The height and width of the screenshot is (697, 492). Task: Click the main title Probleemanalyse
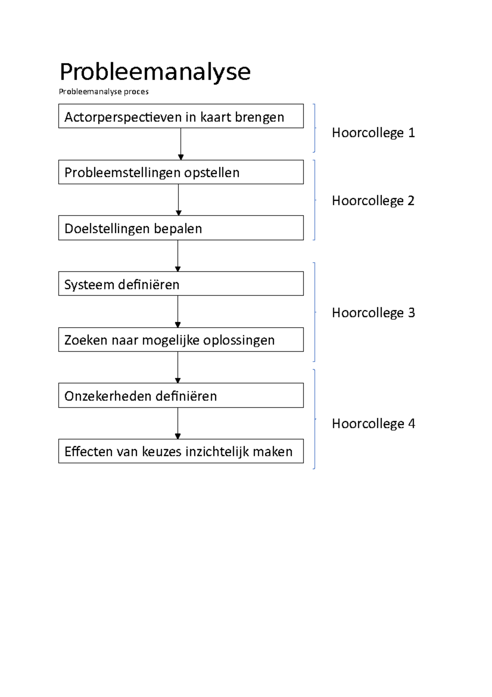pyautogui.click(x=155, y=72)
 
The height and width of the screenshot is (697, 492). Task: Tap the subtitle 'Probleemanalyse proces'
pyautogui.click(x=104, y=92)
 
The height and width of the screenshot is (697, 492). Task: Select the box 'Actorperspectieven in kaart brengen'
pyautogui.click(x=181, y=116)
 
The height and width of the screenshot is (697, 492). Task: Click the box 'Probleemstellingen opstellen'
pyautogui.click(x=181, y=172)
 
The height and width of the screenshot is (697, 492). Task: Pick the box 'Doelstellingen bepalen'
pyautogui.click(x=181, y=228)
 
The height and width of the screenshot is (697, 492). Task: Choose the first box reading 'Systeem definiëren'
pyautogui.click(x=181, y=284)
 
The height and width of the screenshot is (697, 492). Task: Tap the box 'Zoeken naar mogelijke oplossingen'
pyautogui.click(x=181, y=339)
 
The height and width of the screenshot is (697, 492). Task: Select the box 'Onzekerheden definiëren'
pyautogui.click(x=181, y=395)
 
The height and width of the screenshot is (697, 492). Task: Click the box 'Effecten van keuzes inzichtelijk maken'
pyautogui.click(x=181, y=451)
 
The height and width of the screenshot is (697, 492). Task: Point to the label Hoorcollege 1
pyautogui.click(x=373, y=133)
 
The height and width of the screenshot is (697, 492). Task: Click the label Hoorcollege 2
pyautogui.click(x=373, y=201)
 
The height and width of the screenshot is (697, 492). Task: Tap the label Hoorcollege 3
pyautogui.click(x=373, y=313)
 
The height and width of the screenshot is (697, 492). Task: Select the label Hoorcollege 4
pyautogui.click(x=373, y=424)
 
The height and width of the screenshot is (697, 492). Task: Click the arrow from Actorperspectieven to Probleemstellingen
pyautogui.click(x=181, y=144)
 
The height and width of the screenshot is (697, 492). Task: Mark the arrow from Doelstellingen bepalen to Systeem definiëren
pyautogui.click(x=178, y=255)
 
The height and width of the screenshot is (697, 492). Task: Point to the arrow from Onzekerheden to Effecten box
pyautogui.click(x=178, y=423)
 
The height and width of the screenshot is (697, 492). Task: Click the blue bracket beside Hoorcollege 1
pyautogui.click(x=314, y=128)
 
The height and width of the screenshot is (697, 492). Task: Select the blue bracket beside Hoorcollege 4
pyautogui.click(x=314, y=419)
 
